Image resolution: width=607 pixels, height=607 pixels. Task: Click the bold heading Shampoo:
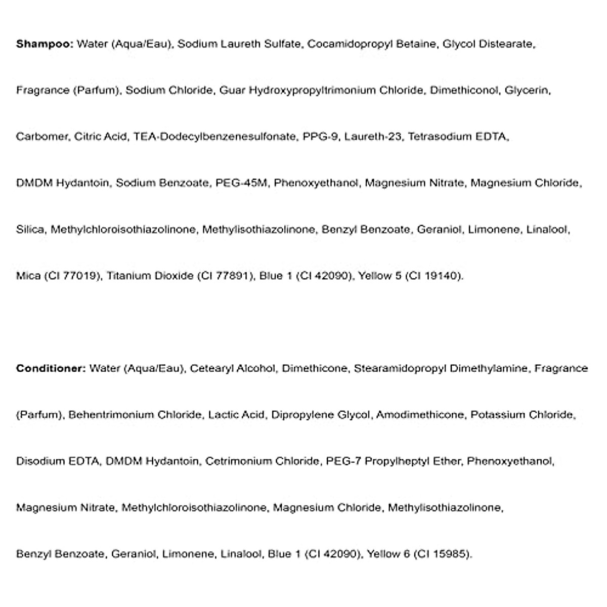click(x=45, y=44)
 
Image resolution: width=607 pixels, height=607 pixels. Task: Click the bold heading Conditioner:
click(x=51, y=368)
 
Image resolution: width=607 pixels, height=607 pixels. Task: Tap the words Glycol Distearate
click(x=488, y=44)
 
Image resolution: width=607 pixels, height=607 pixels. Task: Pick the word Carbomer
click(x=42, y=137)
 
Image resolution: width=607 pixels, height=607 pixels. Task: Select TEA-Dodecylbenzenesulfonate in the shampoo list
click(x=214, y=137)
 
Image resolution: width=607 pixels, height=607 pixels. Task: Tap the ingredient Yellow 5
click(x=375, y=276)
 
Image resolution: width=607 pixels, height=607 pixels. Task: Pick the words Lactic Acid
click(x=236, y=415)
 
